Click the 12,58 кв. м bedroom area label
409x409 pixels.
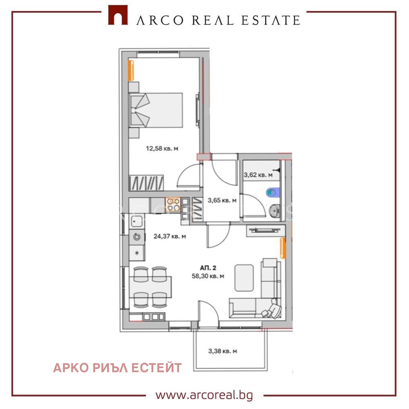162,148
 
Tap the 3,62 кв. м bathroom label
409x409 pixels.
258,175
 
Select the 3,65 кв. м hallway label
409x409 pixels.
222,200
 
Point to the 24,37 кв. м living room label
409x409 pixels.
170,236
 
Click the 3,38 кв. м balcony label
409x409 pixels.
223,351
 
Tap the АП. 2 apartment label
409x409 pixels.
208,268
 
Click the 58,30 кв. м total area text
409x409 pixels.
208,276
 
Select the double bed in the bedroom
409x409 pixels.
156,110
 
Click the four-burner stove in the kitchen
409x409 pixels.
173,204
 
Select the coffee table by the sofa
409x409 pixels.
244,278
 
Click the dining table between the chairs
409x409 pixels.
150,287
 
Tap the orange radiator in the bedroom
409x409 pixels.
131,70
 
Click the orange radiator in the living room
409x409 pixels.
283,248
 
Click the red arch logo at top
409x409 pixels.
118,15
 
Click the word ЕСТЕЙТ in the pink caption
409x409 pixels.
156,368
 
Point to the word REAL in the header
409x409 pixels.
212,20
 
